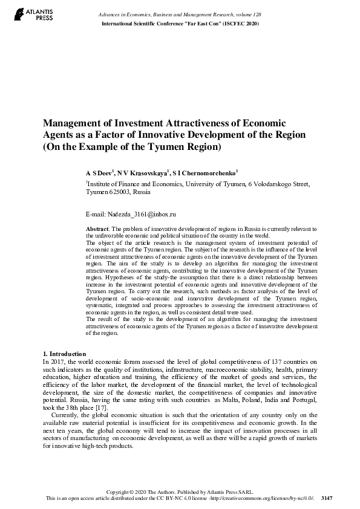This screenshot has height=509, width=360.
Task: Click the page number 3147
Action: click(327, 498)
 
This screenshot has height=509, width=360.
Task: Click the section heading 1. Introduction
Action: click(65, 354)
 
